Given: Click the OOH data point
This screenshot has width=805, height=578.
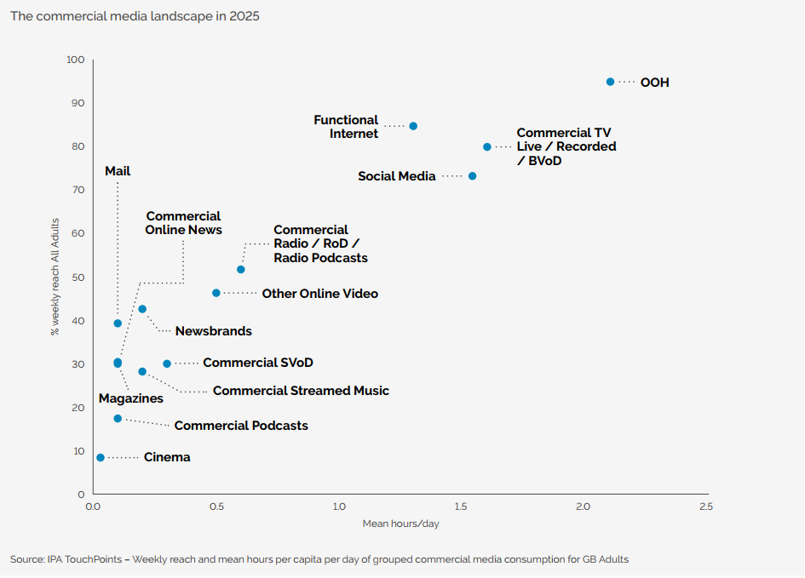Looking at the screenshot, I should coord(610,82).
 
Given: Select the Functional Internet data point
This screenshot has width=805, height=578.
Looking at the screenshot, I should coord(413,126).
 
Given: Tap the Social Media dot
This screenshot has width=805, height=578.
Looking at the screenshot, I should coord(472,176).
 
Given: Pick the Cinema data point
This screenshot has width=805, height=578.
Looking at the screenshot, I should coord(101,457).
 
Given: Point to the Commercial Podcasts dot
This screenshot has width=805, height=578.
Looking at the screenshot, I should coord(118,419).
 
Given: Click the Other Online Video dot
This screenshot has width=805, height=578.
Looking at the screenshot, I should coord(216,293).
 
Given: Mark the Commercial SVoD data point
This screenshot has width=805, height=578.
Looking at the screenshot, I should coord(167,363).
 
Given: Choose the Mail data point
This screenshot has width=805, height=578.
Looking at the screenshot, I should coord(118,323).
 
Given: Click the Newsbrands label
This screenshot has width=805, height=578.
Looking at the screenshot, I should coord(213,331).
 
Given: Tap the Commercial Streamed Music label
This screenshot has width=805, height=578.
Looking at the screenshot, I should coord(301,391).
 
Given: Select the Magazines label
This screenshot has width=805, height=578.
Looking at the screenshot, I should coord(130,398).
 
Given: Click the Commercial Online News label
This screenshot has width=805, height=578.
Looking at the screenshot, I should coord(183,223).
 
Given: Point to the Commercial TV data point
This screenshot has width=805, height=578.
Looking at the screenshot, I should coord(487,147).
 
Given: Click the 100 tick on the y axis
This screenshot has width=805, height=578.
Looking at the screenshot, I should coord(76,60).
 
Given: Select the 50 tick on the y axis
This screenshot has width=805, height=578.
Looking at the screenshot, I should coord(78,278).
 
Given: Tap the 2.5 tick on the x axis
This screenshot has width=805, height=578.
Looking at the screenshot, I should coord(706,506).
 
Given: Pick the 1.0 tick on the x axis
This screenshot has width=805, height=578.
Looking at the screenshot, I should coord(339,506).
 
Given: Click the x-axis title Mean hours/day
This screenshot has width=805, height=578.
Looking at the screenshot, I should coord(400,524).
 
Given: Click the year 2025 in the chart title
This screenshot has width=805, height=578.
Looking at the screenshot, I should coord(244,17).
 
